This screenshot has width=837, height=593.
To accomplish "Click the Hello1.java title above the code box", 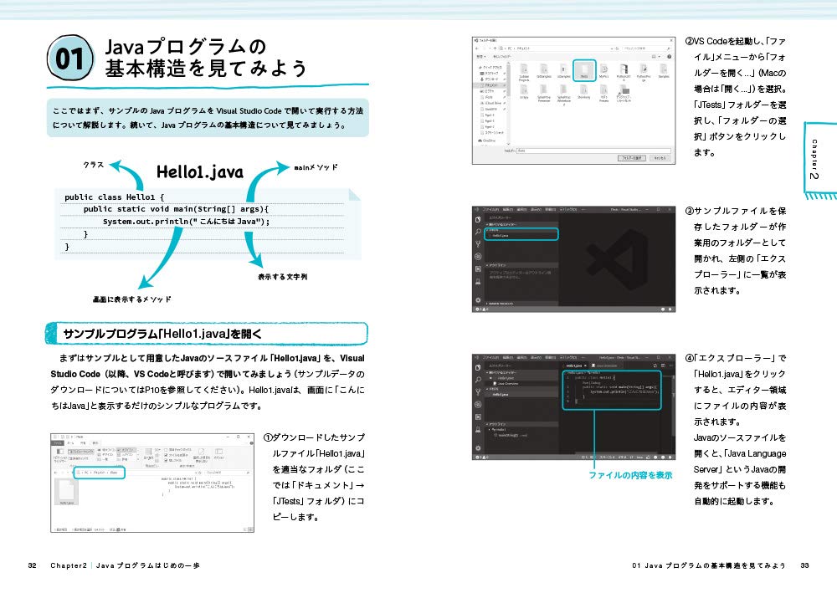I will (x=199, y=173).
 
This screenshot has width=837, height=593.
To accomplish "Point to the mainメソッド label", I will (x=316, y=167).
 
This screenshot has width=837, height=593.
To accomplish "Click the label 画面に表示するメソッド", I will (x=131, y=299).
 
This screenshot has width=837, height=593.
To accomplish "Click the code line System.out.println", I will (x=186, y=221).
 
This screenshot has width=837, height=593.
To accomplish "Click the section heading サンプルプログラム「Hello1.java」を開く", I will (x=151, y=335).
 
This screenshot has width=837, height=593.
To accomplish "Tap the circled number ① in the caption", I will (x=269, y=438).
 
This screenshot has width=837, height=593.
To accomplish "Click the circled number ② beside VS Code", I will (x=690, y=41).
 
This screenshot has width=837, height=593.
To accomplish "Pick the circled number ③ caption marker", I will (x=690, y=211).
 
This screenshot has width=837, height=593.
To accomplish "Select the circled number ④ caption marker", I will (x=690, y=359).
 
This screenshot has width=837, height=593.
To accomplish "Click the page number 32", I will (x=32, y=566).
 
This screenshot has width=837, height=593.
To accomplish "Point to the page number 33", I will (x=804, y=566).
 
